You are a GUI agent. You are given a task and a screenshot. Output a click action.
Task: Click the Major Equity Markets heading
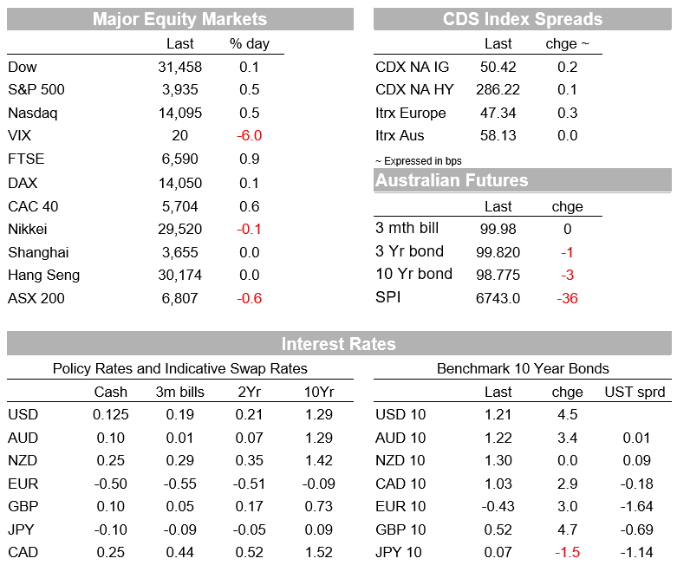click(179, 19)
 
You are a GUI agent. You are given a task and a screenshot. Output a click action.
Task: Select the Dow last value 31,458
click(179, 68)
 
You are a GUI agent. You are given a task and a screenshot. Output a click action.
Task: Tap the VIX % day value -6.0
click(249, 135)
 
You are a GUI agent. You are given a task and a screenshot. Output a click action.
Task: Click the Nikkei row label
click(27, 229)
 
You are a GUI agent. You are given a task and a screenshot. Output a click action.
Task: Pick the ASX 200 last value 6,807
click(179, 298)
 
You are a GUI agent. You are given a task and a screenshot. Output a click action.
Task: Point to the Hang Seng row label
click(43, 276)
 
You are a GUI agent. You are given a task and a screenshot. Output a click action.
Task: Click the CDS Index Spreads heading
click(523, 19)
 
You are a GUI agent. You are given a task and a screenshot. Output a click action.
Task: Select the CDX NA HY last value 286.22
click(498, 90)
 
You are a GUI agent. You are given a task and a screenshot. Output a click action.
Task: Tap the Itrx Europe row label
click(411, 113)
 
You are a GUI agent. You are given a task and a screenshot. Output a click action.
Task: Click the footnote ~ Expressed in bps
click(419, 161)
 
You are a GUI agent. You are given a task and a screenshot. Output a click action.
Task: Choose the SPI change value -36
click(567, 298)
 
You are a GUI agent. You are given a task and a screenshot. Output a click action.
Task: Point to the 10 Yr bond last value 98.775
click(498, 275)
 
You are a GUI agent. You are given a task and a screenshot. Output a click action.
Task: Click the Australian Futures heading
click(452, 180)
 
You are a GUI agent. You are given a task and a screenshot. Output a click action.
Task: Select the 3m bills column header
click(179, 392)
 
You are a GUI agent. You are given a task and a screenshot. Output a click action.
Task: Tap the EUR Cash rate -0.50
click(111, 484)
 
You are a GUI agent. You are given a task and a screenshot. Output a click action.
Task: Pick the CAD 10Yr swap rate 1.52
click(319, 553)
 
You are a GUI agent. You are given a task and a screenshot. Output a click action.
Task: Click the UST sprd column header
click(635, 392)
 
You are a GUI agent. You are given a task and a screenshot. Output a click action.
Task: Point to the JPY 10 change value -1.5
click(567, 553)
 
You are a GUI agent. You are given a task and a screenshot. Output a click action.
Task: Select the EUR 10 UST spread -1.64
click(636, 506)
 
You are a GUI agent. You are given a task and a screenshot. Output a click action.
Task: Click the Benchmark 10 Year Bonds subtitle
click(523, 368)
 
